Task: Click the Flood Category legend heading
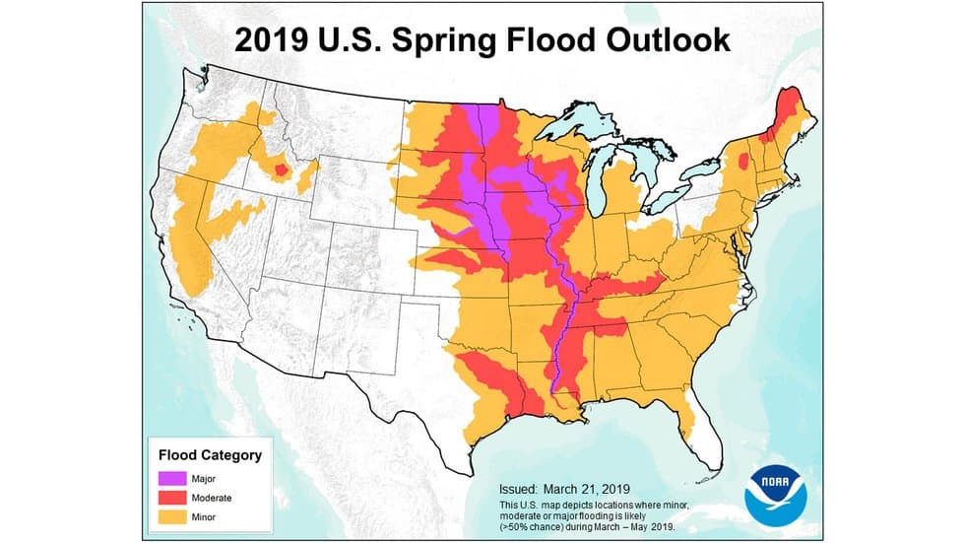pos(210,455)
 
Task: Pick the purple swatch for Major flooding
pos(171,480)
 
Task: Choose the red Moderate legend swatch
pos(171,498)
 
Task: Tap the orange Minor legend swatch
pos(171,515)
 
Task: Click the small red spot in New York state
pos(741,159)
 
